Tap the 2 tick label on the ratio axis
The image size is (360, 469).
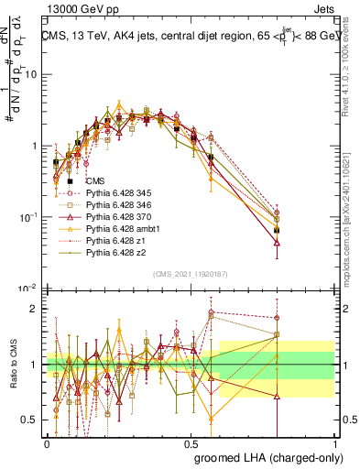tap(34, 309)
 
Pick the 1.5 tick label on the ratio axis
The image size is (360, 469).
tap(30, 336)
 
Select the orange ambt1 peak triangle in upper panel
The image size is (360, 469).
tap(119, 104)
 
